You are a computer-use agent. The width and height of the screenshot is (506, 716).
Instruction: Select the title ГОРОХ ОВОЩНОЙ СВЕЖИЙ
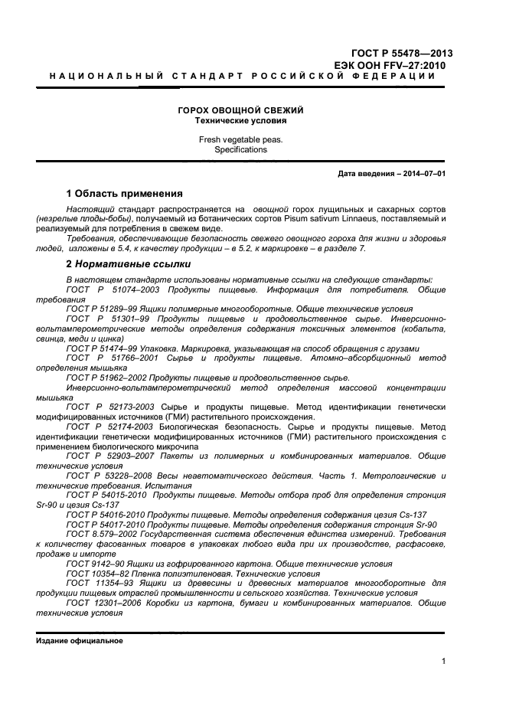(241, 110)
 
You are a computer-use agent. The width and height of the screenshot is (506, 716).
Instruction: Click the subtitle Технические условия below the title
(241, 121)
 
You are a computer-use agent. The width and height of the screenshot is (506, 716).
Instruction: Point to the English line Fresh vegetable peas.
(241, 139)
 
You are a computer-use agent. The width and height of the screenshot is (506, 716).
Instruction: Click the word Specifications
(241, 150)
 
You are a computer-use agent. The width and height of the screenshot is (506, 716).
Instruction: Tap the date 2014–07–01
(422, 174)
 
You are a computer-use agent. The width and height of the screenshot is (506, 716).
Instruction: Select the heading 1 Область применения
(124, 193)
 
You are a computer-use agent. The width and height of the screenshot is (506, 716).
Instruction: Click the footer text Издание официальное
(79, 640)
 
